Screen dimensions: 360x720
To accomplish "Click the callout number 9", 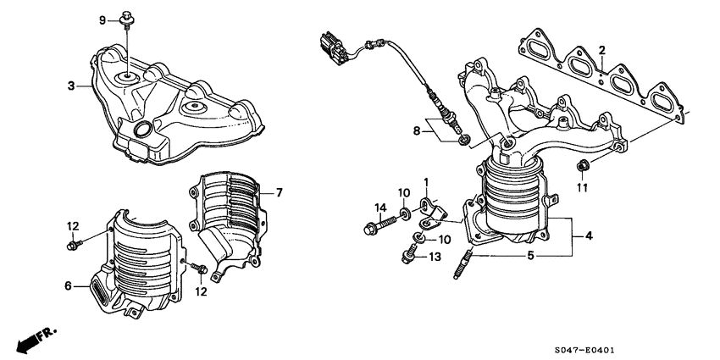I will (x=102, y=19).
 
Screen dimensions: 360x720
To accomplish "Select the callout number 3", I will (x=73, y=86).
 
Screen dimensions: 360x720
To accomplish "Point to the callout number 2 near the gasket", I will (x=601, y=50).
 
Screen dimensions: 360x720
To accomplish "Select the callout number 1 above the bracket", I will (x=427, y=181).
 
